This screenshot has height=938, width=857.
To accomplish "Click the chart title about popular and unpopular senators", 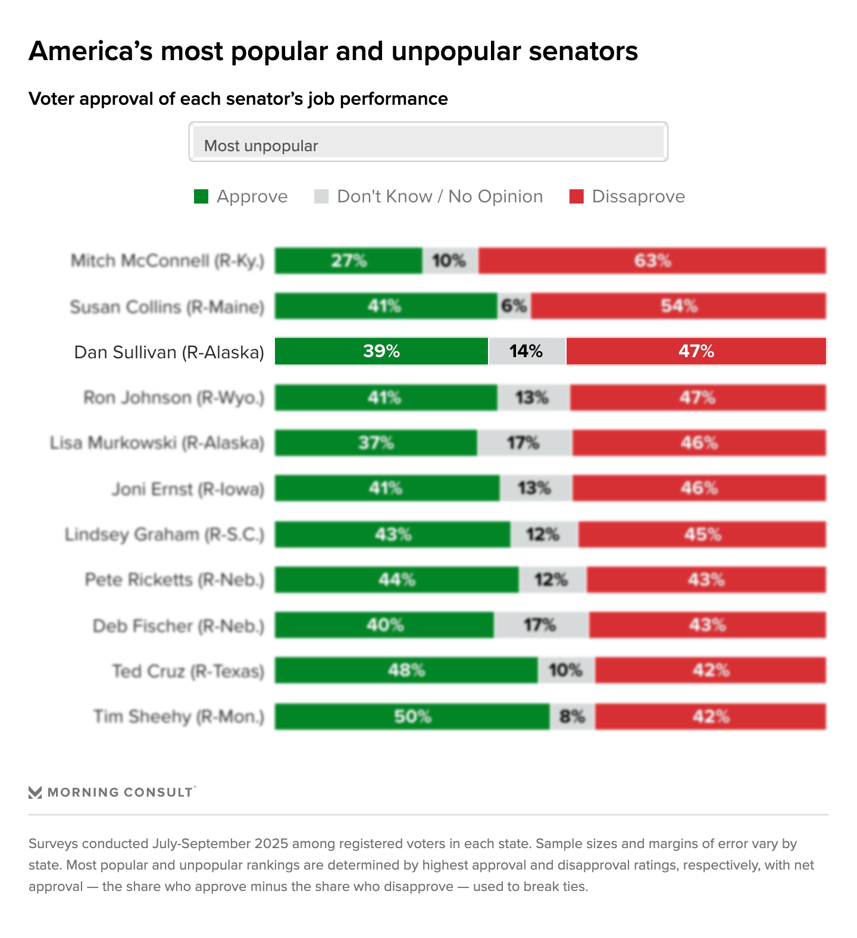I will [x=333, y=51].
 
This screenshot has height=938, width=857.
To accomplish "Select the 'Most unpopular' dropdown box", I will [x=428, y=142].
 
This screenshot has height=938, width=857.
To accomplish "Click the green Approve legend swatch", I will [x=201, y=196].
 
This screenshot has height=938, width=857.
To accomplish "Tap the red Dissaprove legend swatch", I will [x=576, y=196].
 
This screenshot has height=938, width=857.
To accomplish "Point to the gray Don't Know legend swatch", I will [x=321, y=196].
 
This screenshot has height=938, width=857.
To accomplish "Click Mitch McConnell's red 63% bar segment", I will [x=652, y=261].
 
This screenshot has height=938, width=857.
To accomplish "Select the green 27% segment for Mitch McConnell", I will [x=349, y=261].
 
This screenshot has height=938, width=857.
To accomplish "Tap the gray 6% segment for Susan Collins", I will [x=514, y=306].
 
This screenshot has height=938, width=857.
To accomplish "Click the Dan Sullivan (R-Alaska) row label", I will [x=169, y=352].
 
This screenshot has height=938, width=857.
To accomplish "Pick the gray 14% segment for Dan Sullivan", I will [x=527, y=351].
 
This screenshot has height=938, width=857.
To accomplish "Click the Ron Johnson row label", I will [x=174, y=398].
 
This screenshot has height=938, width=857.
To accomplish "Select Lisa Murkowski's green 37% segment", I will [x=376, y=443].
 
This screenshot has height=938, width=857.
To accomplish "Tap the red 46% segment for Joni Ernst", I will [x=699, y=488].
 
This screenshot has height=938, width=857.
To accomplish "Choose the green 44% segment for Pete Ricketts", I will [x=396, y=580].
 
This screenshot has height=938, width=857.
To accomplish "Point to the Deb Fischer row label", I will [x=179, y=626].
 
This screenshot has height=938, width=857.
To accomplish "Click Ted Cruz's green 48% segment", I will [x=406, y=670].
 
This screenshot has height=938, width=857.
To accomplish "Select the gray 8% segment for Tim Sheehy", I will [x=572, y=717].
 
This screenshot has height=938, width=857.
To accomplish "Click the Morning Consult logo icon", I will [x=35, y=792].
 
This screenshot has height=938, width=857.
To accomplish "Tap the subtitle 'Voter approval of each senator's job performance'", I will [x=238, y=99].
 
